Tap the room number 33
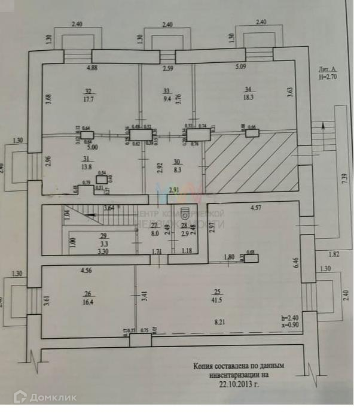167,91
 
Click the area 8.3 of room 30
177,170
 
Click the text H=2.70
330,77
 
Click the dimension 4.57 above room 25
255,208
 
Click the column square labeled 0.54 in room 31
102,179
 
